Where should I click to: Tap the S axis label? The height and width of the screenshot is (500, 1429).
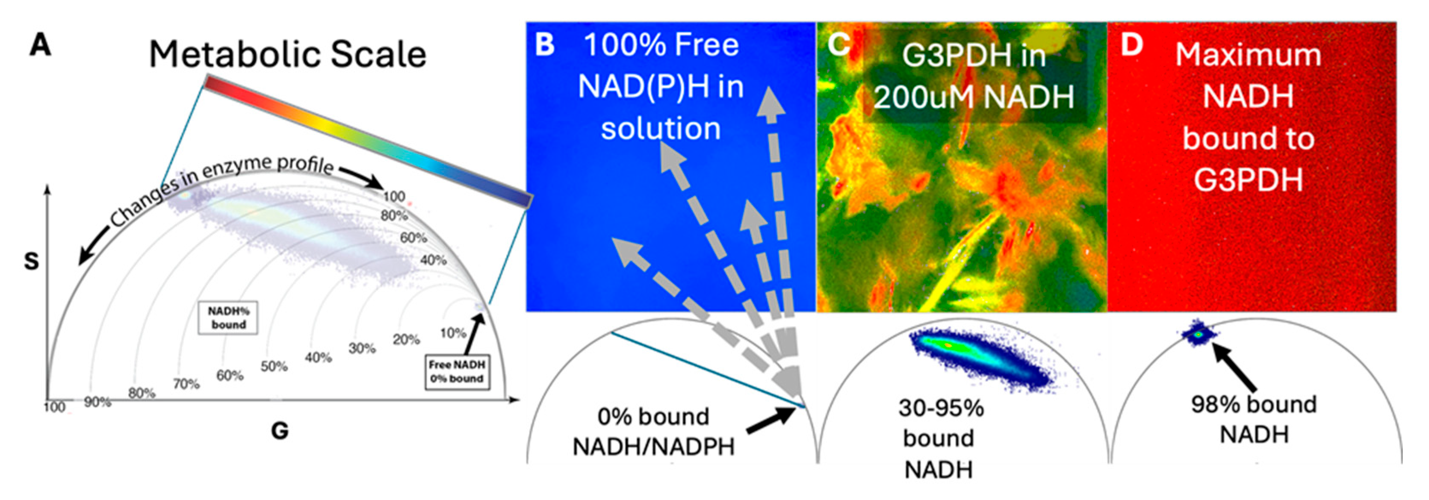[32, 261]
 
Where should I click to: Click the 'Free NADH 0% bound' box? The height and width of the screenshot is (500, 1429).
[457, 372]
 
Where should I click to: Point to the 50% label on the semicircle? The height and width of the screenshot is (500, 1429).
[274, 366]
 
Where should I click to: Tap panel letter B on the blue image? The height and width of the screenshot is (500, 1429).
[545, 44]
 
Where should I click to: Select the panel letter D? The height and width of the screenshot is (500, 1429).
[1132, 44]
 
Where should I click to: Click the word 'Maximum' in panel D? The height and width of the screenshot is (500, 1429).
[1248, 56]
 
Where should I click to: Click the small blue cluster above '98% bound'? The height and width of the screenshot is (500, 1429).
[1198, 334]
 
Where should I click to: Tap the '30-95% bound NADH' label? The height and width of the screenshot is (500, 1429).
[940, 438]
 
